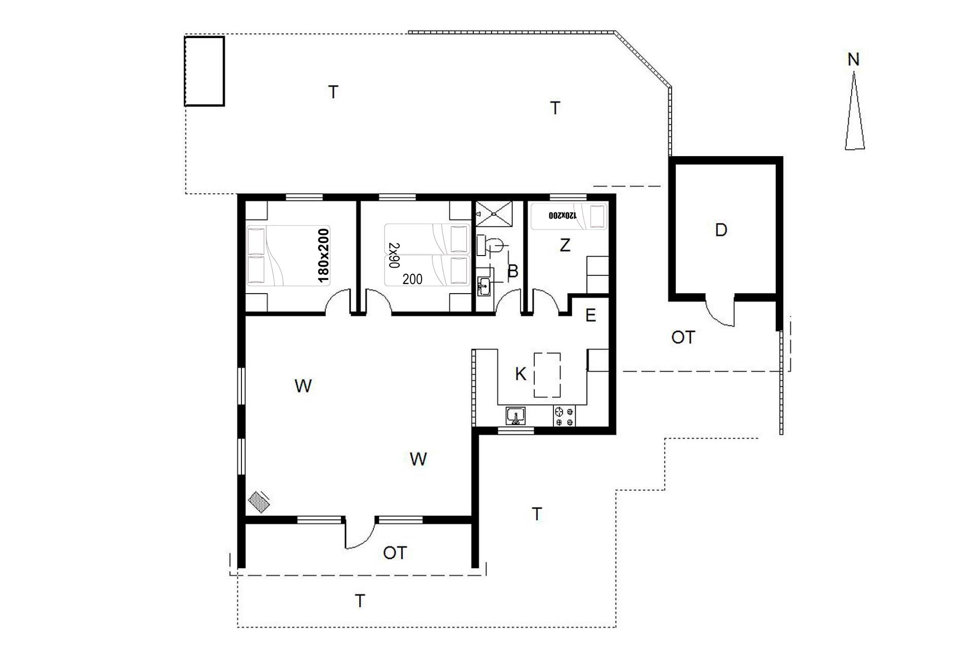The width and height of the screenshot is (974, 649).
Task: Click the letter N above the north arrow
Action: [x=854, y=59]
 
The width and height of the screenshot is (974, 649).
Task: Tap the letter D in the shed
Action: [x=721, y=230]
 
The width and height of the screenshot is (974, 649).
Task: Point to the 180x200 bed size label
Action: [x=323, y=255]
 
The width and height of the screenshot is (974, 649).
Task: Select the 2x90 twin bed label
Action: [x=394, y=255]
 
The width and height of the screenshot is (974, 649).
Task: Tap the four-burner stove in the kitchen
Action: [x=564, y=416]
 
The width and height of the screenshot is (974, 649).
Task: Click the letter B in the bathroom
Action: [x=513, y=271]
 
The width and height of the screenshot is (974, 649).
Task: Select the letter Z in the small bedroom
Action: [x=565, y=245]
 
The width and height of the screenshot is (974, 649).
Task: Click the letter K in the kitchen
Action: [x=520, y=374]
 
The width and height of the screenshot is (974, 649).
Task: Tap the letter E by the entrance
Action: [x=590, y=315]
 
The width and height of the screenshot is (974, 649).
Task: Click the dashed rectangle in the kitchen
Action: [x=547, y=375]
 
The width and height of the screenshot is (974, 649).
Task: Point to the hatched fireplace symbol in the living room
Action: [x=259, y=502]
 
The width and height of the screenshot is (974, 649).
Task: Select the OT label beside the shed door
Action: [x=682, y=337]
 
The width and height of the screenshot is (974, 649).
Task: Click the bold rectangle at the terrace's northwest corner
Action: [x=204, y=71]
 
